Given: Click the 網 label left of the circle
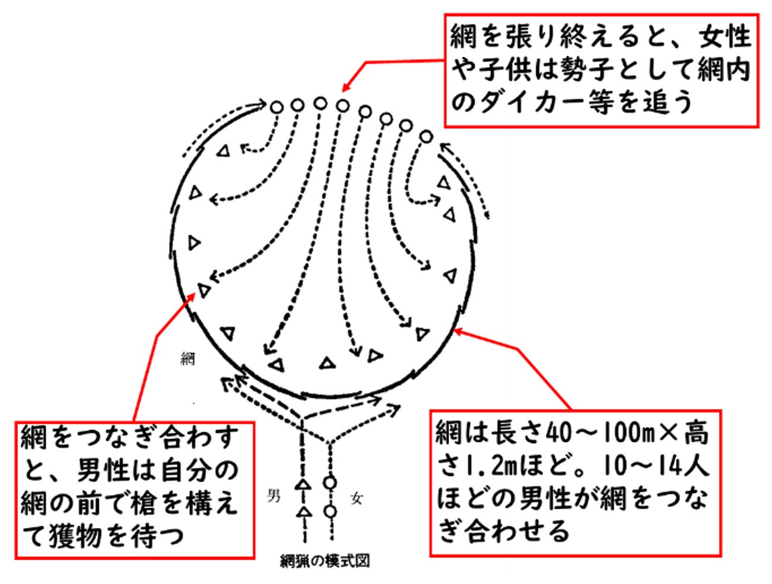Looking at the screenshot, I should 188,359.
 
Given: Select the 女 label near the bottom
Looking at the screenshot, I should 356,499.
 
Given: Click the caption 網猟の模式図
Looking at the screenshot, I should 325,561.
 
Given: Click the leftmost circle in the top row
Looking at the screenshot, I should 276,107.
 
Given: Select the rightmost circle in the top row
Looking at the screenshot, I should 425,136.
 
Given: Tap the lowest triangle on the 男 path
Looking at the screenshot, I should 303,512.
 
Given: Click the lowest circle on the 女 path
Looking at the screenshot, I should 331,511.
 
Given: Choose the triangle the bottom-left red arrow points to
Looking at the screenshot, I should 204,291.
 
